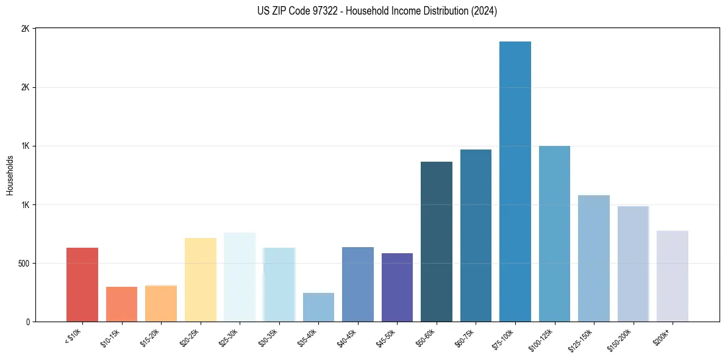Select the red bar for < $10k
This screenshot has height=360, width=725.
point(82,284)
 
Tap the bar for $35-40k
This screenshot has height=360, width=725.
point(318,307)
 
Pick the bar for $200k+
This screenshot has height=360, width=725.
point(673,276)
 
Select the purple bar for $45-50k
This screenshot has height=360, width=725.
point(397,287)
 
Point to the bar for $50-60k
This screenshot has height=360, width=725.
point(437,242)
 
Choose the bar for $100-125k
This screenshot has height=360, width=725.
point(554,234)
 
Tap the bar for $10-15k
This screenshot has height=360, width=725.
point(121,304)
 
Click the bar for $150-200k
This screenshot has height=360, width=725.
point(633,264)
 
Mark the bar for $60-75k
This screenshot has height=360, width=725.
point(476,236)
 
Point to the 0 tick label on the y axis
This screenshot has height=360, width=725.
point(27,322)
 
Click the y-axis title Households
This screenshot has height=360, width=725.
point(10,175)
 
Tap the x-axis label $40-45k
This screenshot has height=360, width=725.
point(346,337)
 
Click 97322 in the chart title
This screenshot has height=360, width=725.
point(322,11)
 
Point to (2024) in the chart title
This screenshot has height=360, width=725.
point(484,11)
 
